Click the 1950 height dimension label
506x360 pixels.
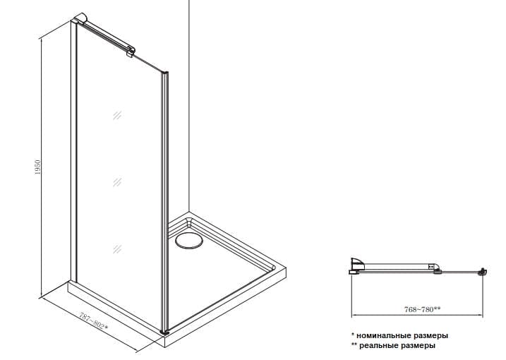coord(38,167)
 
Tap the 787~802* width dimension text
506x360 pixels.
coord(93,321)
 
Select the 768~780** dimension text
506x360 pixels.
coord(422,309)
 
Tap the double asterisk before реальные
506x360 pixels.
coord(354,344)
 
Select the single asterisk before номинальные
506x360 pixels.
coord(353,335)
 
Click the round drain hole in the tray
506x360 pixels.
coord(189,241)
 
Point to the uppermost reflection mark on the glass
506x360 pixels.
coord(117,115)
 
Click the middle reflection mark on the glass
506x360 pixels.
coord(117,182)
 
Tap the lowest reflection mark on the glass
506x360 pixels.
coord(117,249)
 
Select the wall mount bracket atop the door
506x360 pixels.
coord(80,18)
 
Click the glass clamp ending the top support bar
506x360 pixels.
coord(131,52)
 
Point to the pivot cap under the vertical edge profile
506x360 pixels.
coord(164,331)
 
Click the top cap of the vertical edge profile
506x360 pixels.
coord(164,73)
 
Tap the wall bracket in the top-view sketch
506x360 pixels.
coord(357,265)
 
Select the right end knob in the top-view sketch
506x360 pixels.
coord(483,272)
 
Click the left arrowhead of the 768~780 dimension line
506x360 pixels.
coord(354,315)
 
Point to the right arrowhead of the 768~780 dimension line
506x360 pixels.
coord(481,315)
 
